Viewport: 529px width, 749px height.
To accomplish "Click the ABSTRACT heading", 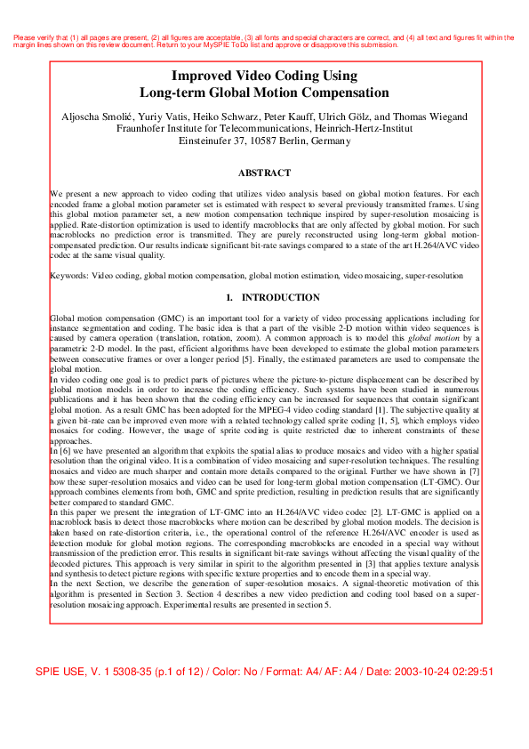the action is [x=265, y=173].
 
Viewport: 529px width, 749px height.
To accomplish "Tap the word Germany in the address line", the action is [x=332, y=141].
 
